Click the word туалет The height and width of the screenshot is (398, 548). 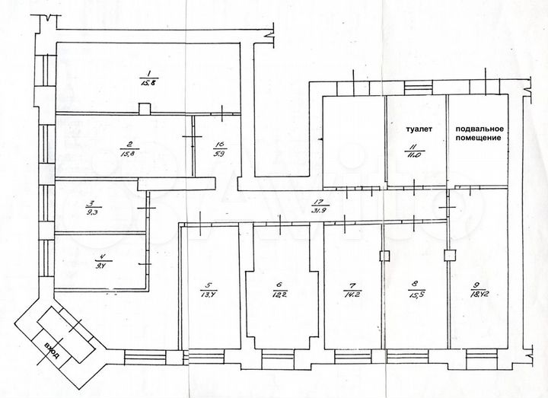click(x=418, y=130)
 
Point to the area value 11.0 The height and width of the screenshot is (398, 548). click(x=411, y=154)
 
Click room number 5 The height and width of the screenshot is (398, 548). click(x=206, y=284)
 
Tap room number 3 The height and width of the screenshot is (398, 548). click(x=90, y=203)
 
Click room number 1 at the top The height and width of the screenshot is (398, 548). click(x=141, y=72)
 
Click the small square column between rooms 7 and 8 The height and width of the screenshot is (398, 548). click(x=384, y=256)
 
